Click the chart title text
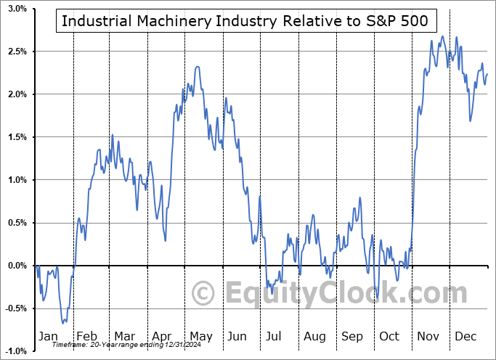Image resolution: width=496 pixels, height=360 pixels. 245,21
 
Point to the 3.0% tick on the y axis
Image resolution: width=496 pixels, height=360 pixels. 17,9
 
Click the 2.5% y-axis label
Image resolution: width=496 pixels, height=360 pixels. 17,52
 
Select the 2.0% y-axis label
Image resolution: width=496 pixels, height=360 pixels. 17,94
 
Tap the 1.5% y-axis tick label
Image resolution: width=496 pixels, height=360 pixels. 17,137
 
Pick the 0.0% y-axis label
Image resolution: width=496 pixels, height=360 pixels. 17,266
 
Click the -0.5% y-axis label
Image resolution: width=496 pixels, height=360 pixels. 15,308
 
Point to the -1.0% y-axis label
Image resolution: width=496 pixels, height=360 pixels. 15,351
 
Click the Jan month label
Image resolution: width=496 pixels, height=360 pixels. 47,336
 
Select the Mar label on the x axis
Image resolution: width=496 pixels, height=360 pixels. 124,336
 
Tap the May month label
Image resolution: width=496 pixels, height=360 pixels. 200,336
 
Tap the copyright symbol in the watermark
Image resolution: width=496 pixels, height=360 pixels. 203,293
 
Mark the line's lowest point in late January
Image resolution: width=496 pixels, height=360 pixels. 63,323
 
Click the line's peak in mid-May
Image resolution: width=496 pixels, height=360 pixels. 197,67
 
